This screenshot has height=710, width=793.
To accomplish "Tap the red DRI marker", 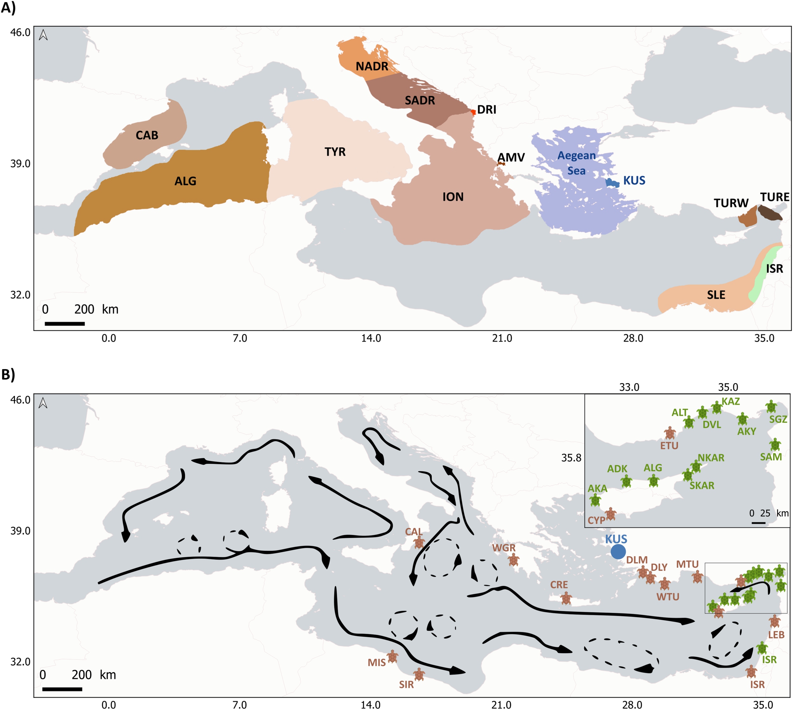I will (473, 112).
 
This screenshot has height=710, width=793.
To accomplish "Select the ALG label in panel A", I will (185, 181).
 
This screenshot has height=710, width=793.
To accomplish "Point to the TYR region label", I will (335, 152).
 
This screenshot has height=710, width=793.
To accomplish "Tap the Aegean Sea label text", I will (576, 163).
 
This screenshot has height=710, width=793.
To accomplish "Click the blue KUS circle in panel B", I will (618, 552).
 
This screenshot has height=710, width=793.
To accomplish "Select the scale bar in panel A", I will (65, 323).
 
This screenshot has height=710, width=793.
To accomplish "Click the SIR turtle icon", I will (419, 674).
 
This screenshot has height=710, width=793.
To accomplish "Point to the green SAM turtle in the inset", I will (775, 444).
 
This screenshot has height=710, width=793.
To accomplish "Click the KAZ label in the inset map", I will (730, 401).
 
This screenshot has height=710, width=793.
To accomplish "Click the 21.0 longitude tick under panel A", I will (502, 338).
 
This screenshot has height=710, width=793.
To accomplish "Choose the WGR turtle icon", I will (514, 560).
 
